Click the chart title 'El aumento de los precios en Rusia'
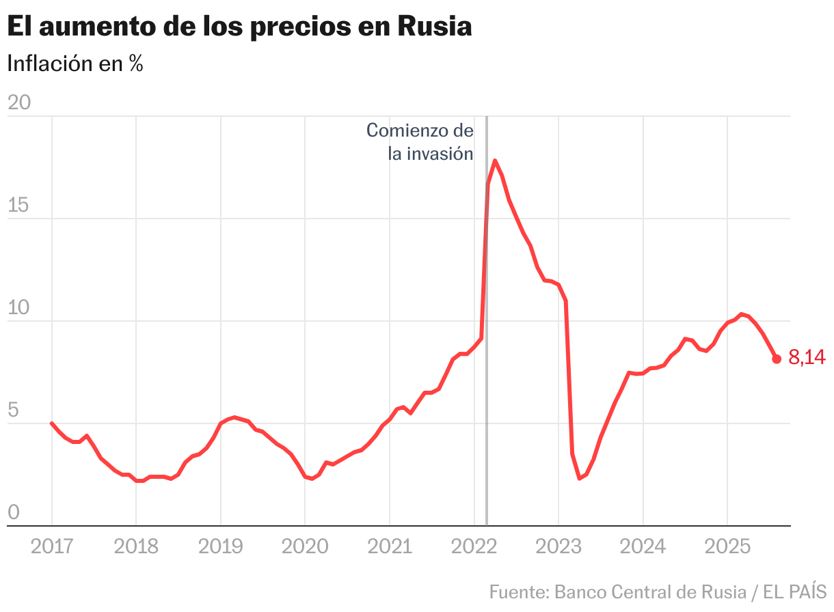239,27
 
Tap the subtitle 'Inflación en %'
75,64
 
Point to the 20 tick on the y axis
19,102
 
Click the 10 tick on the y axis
18,307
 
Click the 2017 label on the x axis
52,546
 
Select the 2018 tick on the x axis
136,546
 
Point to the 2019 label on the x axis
220,546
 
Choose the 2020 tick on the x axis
305,546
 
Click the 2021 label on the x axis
389,546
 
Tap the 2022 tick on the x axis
474,546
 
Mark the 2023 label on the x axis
559,546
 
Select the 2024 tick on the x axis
643,546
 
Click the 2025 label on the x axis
727,546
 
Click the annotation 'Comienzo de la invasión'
420,141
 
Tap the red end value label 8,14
807,357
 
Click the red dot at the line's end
777,359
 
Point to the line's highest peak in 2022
495,161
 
